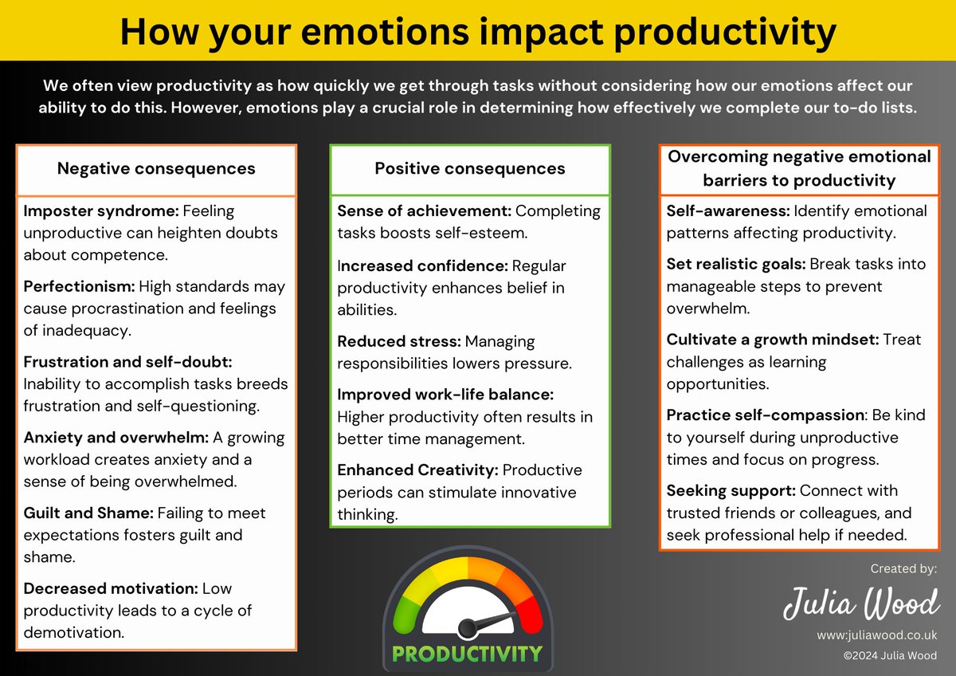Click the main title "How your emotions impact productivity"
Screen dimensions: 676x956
(x=478, y=31)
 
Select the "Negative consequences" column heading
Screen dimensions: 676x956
(x=156, y=168)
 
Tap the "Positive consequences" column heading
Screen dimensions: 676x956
(x=470, y=168)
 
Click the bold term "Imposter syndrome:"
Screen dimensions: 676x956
(x=101, y=211)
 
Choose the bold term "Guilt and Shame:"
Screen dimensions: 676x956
(x=88, y=513)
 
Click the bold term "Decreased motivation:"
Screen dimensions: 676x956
(x=111, y=588)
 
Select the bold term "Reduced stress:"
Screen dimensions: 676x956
(x=399, y=341)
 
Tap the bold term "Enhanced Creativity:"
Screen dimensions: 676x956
(x=418, y=470)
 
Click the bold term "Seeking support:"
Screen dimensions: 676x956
(x=731, y=490)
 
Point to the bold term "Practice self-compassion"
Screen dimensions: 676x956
(x=766, y=415)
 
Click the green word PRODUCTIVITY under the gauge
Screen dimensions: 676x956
(x=468, y=654)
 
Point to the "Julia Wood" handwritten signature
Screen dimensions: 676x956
(x=860, y=603)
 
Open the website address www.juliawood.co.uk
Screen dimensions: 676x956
(x=876, y=635)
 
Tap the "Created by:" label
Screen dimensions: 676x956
(x=903, y=568)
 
